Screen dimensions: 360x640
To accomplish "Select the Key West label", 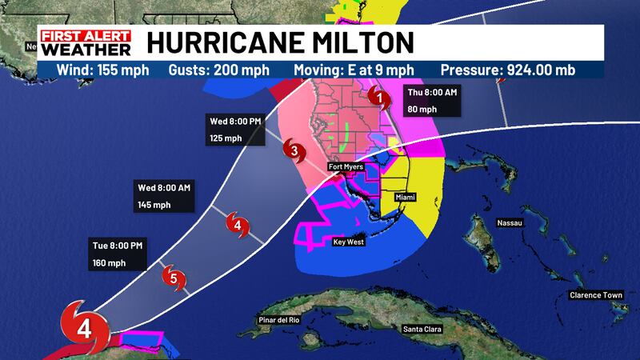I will click(349, 241).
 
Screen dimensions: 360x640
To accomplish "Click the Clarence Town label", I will click(595, 295).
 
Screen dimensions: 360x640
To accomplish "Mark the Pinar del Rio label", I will click(278, 321).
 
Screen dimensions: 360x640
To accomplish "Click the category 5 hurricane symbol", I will click(175, 278).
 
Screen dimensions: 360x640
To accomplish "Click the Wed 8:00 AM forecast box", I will click(165, 196).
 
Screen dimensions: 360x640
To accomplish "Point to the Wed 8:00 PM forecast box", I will click(231, 130).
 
